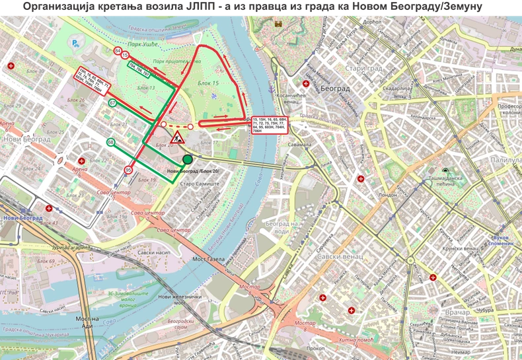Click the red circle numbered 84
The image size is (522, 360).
click(118, 51)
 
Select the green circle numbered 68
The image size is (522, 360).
click(111, 142)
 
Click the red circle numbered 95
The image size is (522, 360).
click(128, 170)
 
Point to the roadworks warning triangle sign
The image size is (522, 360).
click(177, 139)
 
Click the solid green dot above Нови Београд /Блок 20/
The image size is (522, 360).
click(188, 159)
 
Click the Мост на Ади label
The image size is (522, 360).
click(86, 322)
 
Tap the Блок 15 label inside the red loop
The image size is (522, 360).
click(208, 83)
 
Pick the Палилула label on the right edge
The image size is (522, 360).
click(506, 160)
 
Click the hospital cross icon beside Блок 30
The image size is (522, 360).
click(12, 65)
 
